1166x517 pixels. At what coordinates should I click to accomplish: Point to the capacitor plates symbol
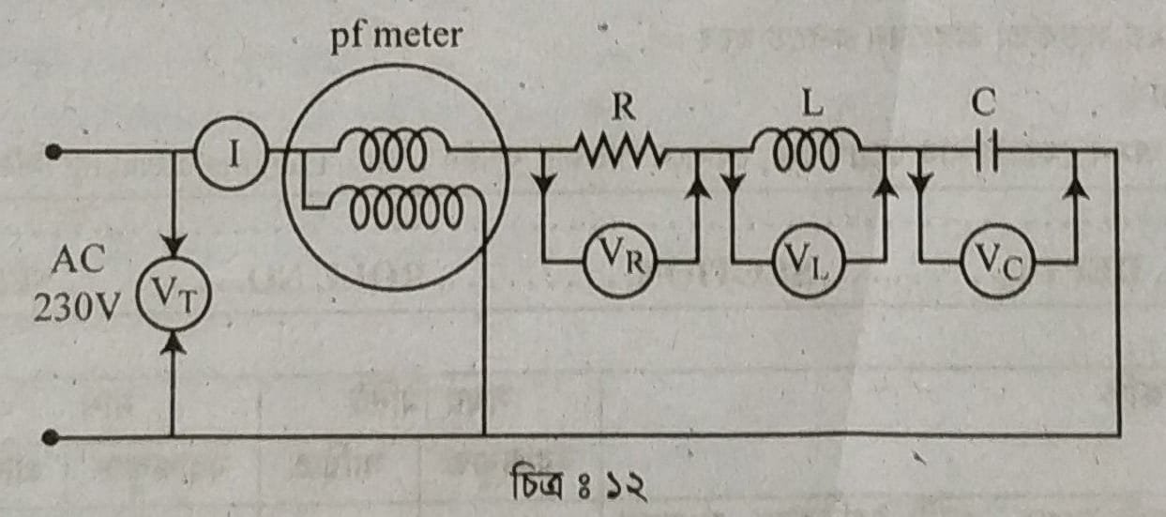click(984, 150)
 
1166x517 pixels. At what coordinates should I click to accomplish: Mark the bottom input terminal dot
click(55, 437)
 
